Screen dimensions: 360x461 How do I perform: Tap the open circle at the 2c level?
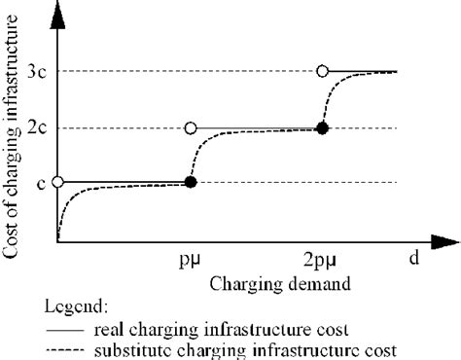(191, 127)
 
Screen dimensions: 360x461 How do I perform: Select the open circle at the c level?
(57, 182)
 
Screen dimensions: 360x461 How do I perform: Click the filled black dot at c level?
(191, 182)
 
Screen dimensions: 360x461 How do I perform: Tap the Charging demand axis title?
(271, 284)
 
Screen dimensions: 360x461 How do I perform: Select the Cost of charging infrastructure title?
(14, 136)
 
